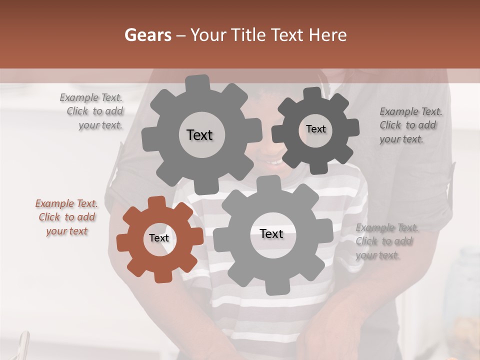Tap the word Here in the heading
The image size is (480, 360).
tap(328, 35)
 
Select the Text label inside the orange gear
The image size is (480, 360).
tap(159, 238)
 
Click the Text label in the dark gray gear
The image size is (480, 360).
tap(315, 129)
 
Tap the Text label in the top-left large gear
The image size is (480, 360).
tap(199, 135)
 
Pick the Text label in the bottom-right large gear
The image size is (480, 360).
tap(271, 233)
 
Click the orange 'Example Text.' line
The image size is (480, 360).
tap(66, 203)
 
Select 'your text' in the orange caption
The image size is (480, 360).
tap(67, 231)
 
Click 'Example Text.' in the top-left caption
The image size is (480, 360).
tap(91, 97)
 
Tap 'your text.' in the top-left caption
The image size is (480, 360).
tap(100, 125)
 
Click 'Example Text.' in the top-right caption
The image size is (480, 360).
tap(411, 111)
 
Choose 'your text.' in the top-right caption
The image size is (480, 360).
tap(401, 139)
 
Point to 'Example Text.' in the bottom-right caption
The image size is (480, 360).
tap(387, 228)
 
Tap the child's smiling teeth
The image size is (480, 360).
tap(274, 162)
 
